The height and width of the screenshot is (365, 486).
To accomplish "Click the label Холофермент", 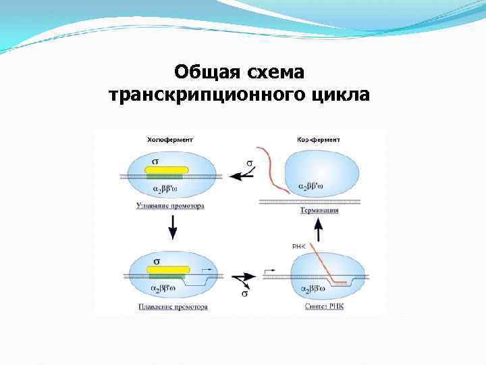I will click(169, 139).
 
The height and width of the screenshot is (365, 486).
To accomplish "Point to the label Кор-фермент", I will click(318, 139).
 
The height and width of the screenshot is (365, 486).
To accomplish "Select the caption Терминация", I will click(319, 211).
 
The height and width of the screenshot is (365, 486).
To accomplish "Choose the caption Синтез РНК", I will click(323, 306).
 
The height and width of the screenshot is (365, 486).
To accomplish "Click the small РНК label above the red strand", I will click(299, 247).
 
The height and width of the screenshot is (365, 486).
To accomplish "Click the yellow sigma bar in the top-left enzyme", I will click(167, 170).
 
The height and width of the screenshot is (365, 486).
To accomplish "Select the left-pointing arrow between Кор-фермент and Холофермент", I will click(240, 175).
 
